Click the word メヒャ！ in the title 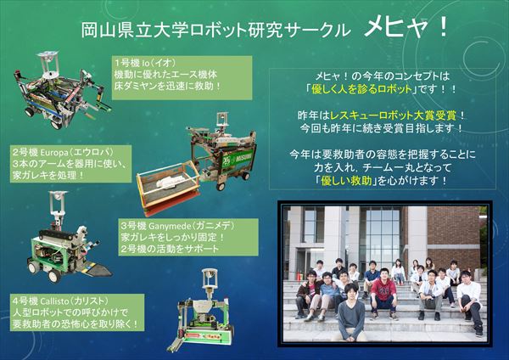(x=406, y=27)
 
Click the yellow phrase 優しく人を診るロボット (x=361, y=89)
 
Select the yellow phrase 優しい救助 (x=346, y=181)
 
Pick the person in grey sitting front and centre (x=351, y=313)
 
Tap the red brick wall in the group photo (x=453, y=234)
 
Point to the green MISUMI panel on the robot (x=238, y=158)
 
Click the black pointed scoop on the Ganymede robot (x=98, y=269)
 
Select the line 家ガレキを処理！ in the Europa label (x=48, y=176)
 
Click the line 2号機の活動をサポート (x=170, y=249)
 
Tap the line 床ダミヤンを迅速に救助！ (x=167, y=87)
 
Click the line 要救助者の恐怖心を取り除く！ (x=76, y=324)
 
